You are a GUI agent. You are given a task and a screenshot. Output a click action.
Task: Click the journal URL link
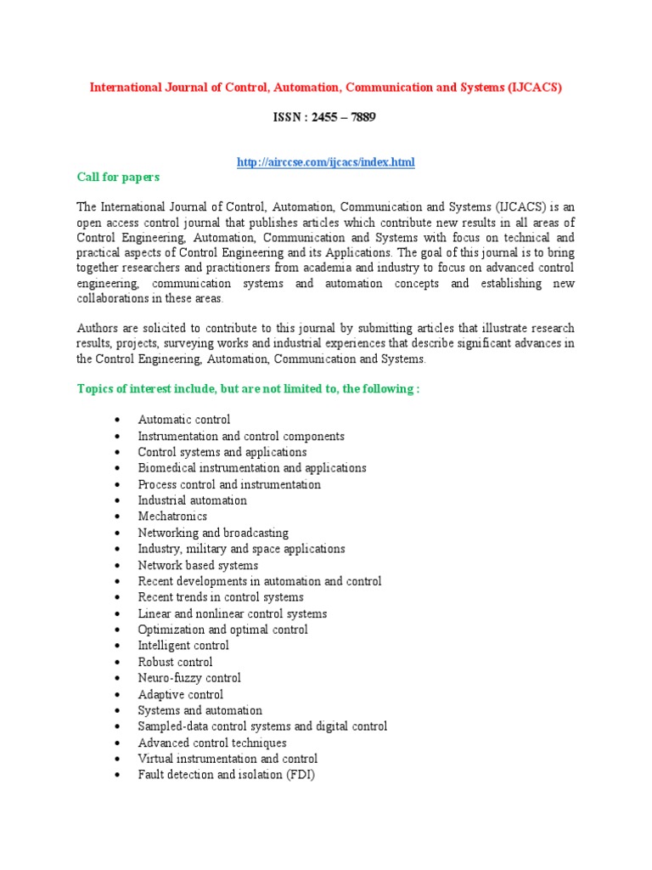325,161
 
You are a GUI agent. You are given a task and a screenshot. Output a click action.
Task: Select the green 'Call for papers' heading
118,177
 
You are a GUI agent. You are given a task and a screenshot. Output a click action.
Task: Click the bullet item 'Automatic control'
183,420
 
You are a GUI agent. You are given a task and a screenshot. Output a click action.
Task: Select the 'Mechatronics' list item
172,517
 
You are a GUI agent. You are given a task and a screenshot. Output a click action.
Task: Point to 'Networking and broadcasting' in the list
213,533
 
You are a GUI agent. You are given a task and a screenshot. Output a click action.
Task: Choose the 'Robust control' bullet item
175,662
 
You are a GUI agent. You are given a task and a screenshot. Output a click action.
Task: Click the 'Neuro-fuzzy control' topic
189,678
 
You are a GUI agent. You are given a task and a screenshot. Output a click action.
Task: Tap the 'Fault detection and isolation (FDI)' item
226,775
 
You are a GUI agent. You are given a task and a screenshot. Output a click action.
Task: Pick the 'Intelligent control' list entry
183,646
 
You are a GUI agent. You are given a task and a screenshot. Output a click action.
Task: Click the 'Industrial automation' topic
192,500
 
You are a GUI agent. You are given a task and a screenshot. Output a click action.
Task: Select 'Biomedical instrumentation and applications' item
252,468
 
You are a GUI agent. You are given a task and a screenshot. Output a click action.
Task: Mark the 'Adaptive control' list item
180,694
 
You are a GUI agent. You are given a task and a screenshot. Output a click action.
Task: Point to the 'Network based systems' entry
198,565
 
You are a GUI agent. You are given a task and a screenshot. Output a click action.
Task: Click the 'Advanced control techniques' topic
212,743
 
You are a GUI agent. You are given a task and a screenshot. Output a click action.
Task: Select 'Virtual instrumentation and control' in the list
228,759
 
